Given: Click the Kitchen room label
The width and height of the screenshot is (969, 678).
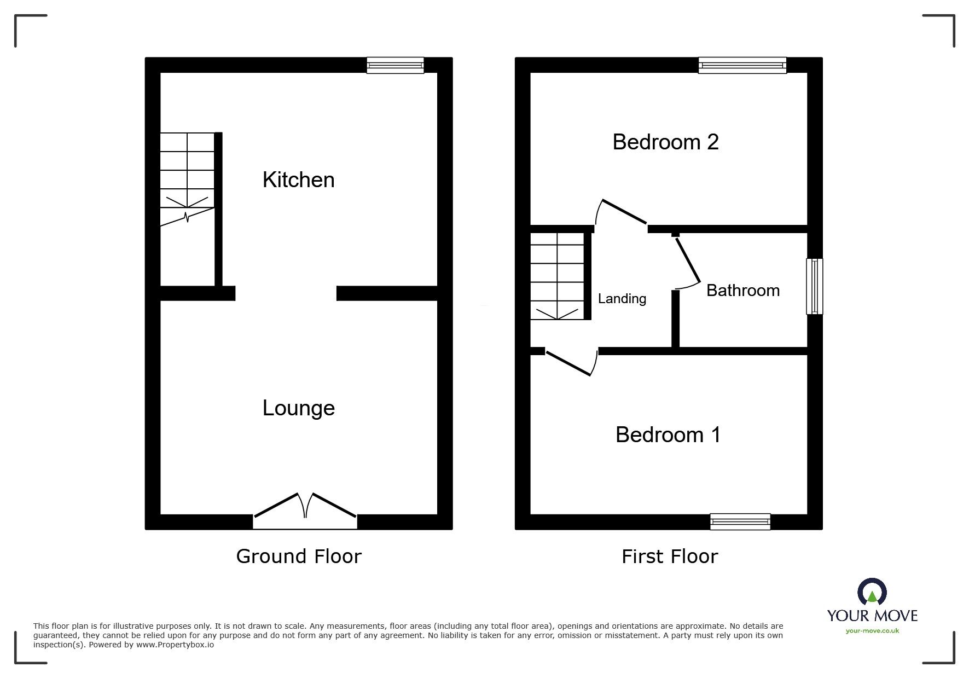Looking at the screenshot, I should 298,180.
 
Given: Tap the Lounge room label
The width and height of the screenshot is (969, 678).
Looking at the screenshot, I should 298,408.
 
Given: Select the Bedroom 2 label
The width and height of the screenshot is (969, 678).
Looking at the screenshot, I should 665,142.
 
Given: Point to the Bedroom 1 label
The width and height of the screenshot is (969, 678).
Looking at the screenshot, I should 668,435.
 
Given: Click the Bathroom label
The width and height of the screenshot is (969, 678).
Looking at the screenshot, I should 742,291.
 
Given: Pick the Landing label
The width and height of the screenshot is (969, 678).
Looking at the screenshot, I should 622,299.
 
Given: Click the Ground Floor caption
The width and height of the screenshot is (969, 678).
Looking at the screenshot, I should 299,557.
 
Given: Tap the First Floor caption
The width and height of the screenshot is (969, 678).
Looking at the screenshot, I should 669,557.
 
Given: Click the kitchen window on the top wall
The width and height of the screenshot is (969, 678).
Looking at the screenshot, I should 395,66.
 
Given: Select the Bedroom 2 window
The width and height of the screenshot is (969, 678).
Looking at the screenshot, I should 742,66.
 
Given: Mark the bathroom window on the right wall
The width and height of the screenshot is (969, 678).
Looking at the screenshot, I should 814,286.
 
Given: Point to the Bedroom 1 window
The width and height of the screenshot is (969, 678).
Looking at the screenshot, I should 740,521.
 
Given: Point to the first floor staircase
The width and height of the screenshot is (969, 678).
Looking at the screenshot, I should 558,276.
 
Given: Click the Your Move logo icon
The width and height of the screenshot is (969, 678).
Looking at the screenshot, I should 872,593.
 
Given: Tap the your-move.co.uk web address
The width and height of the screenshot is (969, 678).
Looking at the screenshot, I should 872,631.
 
